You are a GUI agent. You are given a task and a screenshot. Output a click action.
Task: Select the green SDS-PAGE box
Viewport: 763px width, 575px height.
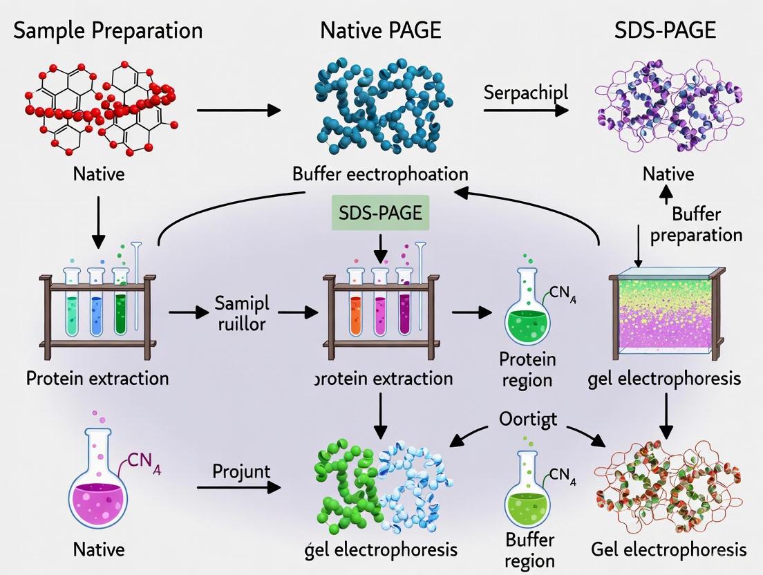pyautogui.click(x=380, y=212)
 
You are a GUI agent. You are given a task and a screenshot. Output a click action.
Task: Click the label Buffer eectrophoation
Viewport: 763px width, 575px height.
pyautogui.click(x=379, y=173)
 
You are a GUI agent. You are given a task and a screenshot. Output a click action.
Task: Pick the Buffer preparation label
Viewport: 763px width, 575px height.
pyautogui.click(x=696, y=224)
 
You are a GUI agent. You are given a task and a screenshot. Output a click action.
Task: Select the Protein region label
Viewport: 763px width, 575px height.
pyautogui.click(x=527, y=369)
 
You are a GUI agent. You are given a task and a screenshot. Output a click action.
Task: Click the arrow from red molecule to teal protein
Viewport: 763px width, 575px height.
pyautogui.click(x=238, y=110)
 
